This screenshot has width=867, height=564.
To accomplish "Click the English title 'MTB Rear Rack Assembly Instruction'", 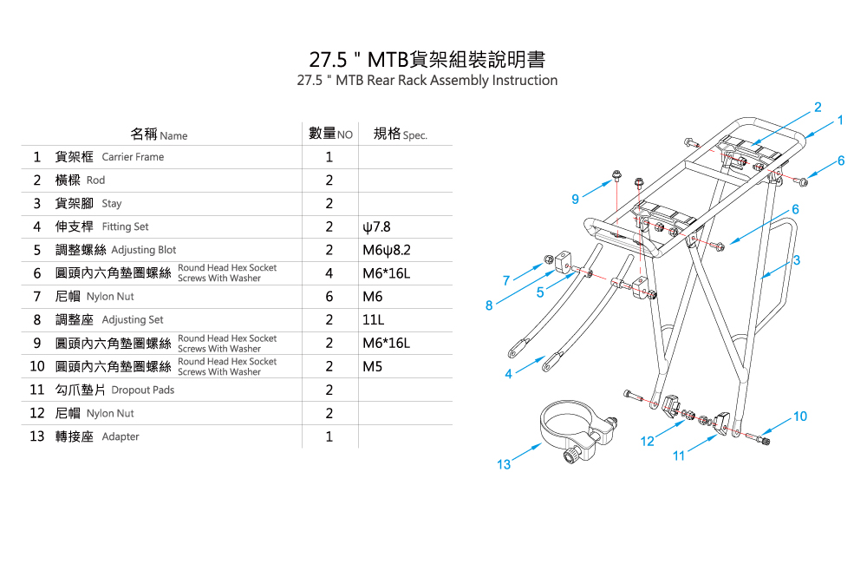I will [x=427, y=81].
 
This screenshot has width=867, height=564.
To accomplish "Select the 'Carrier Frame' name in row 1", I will [x=133, y=157].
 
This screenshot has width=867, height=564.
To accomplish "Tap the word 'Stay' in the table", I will [x=112, y=204].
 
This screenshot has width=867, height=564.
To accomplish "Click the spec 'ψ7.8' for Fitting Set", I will [x=377, y=227].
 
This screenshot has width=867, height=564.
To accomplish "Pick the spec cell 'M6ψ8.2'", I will [x=386, y=250].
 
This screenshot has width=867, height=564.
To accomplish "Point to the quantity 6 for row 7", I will [x=329, y=297].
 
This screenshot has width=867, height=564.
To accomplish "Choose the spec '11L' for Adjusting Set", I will [x=374, y=320].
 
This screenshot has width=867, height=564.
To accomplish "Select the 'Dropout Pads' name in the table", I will [x=143, y=390].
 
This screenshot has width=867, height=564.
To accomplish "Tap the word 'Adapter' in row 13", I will [x=121, y=436].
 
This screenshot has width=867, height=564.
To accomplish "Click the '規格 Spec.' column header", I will [x=400, y=134].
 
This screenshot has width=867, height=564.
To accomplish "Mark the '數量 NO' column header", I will [x=330, y=134].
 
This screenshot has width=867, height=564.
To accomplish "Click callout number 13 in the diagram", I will [x=504, y=465].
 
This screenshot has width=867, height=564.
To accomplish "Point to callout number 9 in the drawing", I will [x=576, y=200].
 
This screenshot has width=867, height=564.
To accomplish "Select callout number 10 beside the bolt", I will [x=799, y=416].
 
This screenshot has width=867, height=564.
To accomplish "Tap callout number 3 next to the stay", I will [x=796, y=260].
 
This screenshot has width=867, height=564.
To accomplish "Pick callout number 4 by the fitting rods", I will [x=508, y=374].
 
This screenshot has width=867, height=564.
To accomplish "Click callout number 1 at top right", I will [x=840, y=120].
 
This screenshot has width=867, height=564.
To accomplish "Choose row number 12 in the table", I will [x=36, y=413].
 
